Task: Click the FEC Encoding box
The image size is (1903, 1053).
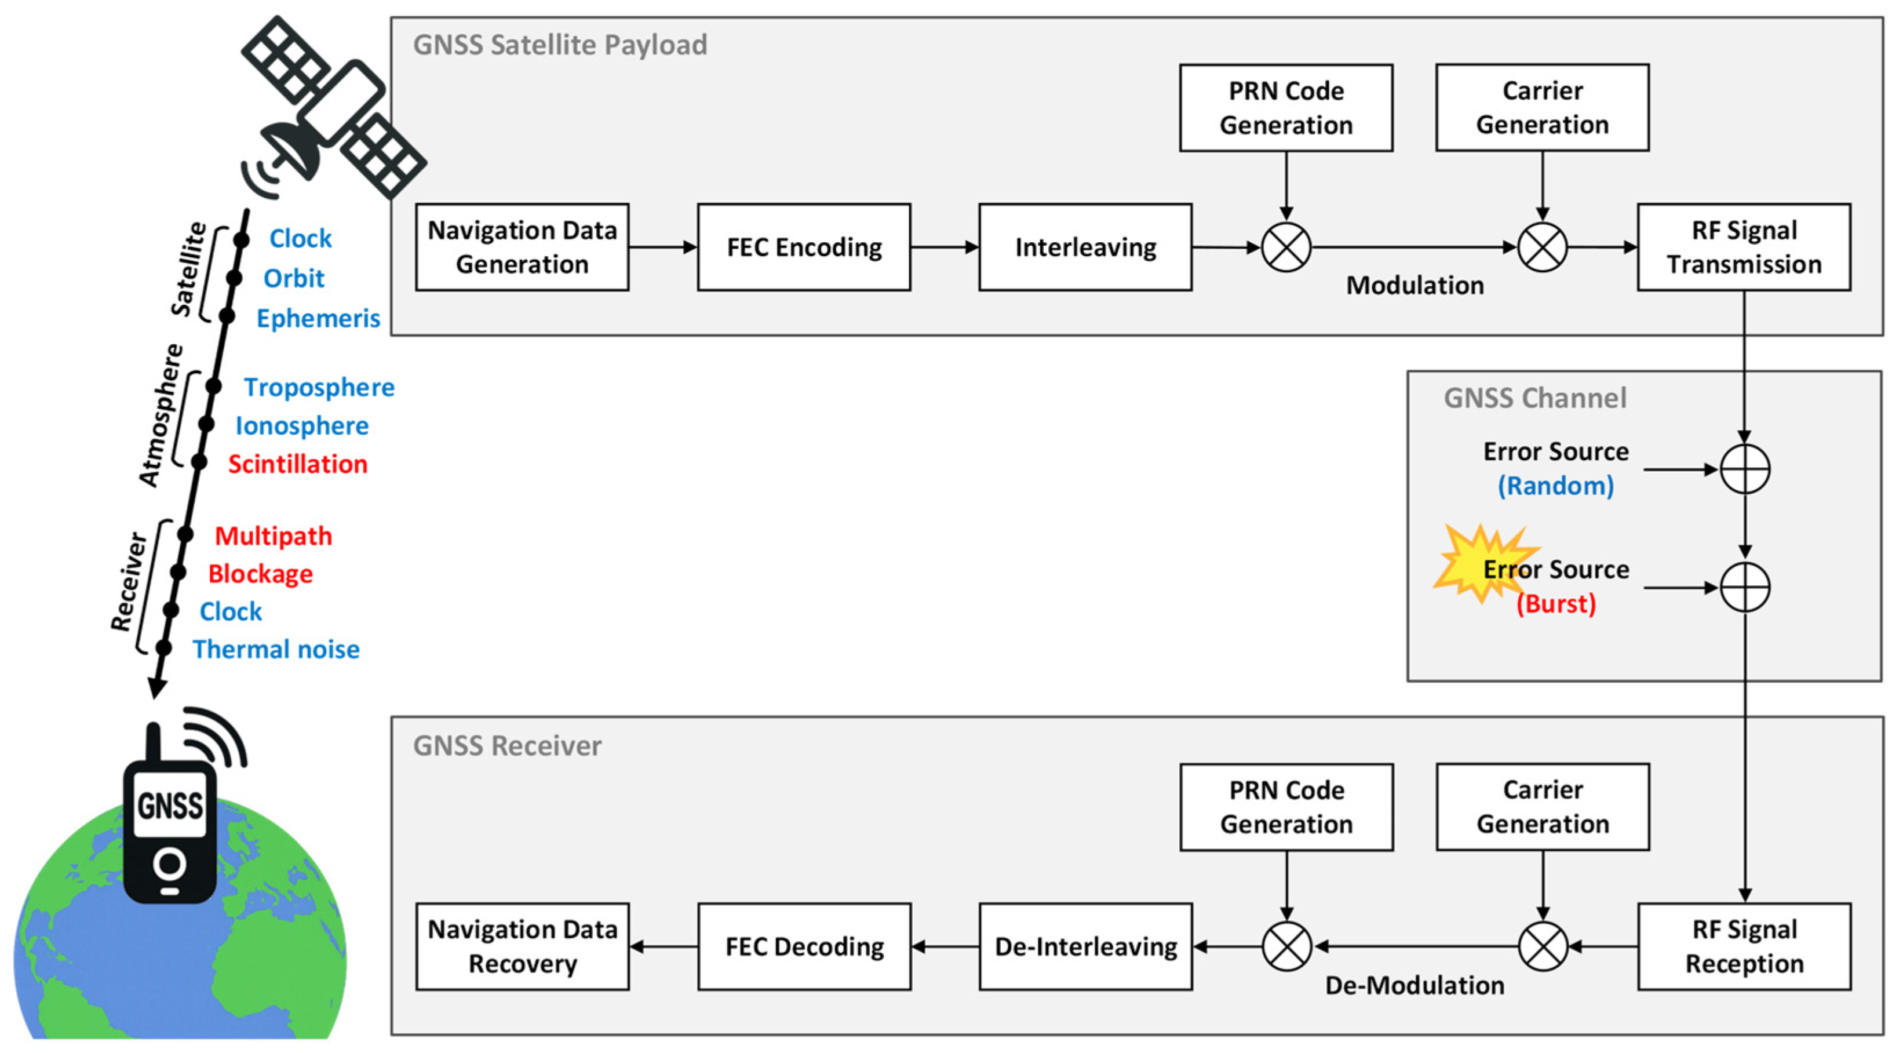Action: (x=804, y=247)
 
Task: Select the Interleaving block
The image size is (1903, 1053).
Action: (x=1085, y=247)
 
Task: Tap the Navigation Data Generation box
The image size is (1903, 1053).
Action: (x=522, y=247)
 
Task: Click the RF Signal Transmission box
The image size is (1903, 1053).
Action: (x=1744, y=247)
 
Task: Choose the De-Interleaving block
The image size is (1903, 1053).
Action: (x=1085, y=946)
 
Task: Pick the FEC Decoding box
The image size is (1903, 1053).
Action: (x=804, y=946)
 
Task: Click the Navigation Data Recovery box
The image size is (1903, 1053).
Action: (x=522, y=946)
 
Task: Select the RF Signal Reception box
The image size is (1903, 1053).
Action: (x=1744, y=946)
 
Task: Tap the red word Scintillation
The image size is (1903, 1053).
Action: (x=298, y=464)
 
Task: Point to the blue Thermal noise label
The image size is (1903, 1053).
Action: (x=276, y=650)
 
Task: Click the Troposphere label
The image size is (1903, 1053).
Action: (x=319, y=388)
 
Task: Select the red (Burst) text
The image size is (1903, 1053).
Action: (x=1556, y=604)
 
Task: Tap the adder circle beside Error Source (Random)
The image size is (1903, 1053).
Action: (x=1745, y=469)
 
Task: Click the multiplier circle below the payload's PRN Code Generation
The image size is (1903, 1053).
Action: (x=1286, y=247)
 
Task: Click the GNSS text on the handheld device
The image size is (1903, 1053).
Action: (x=170, y=806)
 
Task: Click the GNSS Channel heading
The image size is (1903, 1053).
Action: (x=1535, y=398)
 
